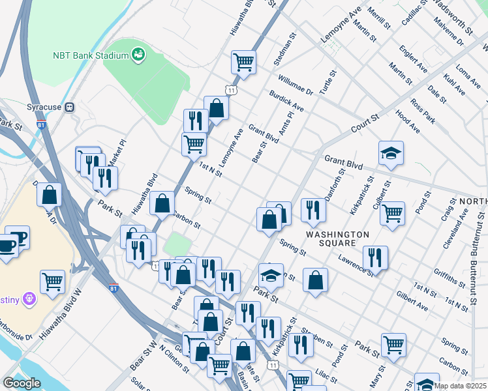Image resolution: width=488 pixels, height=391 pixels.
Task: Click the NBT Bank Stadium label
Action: coord(90,55)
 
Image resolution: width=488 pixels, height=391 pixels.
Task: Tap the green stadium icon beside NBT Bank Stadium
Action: coord(138,55)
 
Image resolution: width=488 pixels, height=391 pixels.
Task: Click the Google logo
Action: coord(22,383)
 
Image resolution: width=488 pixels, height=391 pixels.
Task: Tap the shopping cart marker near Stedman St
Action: coord(243,63)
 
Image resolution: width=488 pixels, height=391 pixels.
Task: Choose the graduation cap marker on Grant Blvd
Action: coord(391,153)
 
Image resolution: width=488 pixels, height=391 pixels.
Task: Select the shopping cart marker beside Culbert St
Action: coord(392,212)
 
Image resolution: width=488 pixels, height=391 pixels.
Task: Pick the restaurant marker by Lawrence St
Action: coord(375,257)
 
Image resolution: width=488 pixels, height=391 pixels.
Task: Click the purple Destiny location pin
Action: coord(27,299)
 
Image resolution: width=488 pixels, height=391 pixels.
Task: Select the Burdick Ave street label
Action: coord(286,100)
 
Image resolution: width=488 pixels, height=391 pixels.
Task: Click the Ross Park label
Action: coord(423,111)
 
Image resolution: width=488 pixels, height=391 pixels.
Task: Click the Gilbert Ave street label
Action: coord(412,300)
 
